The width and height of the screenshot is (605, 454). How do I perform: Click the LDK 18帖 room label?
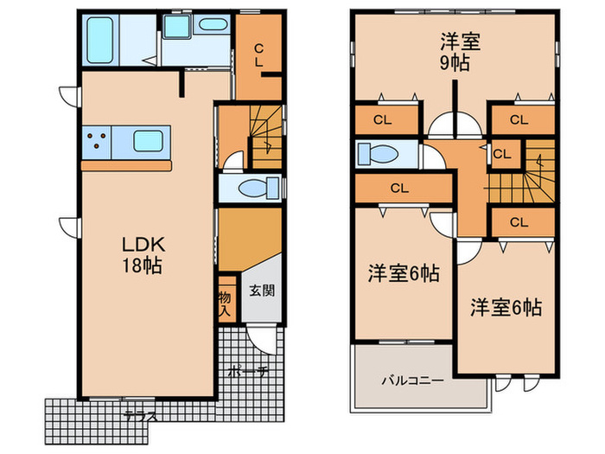click(x=143, y=253)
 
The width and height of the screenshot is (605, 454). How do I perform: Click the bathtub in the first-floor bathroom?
click(x=101, y=38)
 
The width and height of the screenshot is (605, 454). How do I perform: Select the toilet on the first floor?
click(x=256, y=188)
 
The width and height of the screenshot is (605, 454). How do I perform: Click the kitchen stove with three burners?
click(x=97, y=141)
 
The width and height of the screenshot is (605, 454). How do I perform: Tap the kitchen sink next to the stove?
click(x=150, y=141)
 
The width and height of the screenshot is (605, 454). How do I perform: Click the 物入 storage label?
click(x=225, y=299)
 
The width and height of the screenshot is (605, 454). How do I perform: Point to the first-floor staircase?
click(x=264, y=137)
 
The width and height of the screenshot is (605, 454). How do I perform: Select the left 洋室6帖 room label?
click(x=404, y=274)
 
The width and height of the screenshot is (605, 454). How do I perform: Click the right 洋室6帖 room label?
click(x=506, y=307)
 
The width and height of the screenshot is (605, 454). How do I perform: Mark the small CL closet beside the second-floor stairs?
click(x=501, y=155)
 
